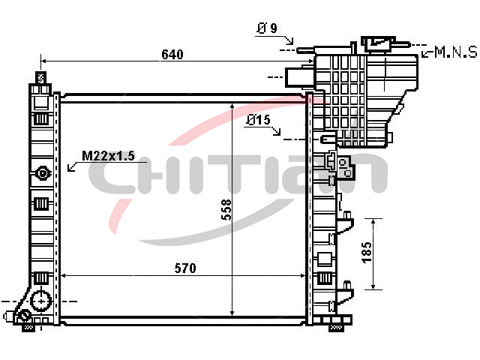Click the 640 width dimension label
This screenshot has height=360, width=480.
(x=172, y=55)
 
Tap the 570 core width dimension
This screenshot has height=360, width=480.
(x=185, y=268)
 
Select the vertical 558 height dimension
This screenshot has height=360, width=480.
(x=226, y=210)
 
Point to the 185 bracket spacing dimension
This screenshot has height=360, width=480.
(x=367, y=253)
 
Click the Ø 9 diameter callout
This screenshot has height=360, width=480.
(x=267, y=28)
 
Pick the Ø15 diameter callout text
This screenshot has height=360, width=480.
(x=258, y=120)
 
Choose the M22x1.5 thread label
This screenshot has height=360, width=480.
(x=108, y=156)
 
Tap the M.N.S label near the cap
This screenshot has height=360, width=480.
(x=456, y=52)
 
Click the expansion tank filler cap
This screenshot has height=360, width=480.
(x=378, y=43)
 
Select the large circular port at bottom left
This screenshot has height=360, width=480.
(x=41, y=301)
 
